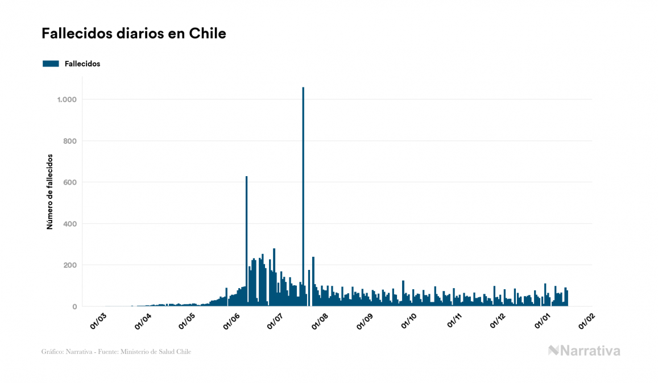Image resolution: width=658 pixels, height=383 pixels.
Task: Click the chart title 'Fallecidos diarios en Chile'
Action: (x=134, y=34)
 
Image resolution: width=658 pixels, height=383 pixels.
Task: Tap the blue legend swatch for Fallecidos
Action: (x=51, y=64)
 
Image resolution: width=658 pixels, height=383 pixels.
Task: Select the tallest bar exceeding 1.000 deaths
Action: (x=303, y=199)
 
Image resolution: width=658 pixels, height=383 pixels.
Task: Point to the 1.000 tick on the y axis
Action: (x=67, y=100)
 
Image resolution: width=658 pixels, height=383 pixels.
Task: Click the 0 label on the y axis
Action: (x=75, y=307)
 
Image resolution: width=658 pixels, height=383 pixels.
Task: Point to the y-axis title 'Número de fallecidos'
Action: (x=49, y=191)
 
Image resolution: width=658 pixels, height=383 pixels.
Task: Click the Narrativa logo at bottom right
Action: (x=584, y=351)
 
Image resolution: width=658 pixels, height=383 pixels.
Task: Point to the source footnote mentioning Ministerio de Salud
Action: (x=116, y=352)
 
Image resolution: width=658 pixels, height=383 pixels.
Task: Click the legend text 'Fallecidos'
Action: (x=82, y=64)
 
